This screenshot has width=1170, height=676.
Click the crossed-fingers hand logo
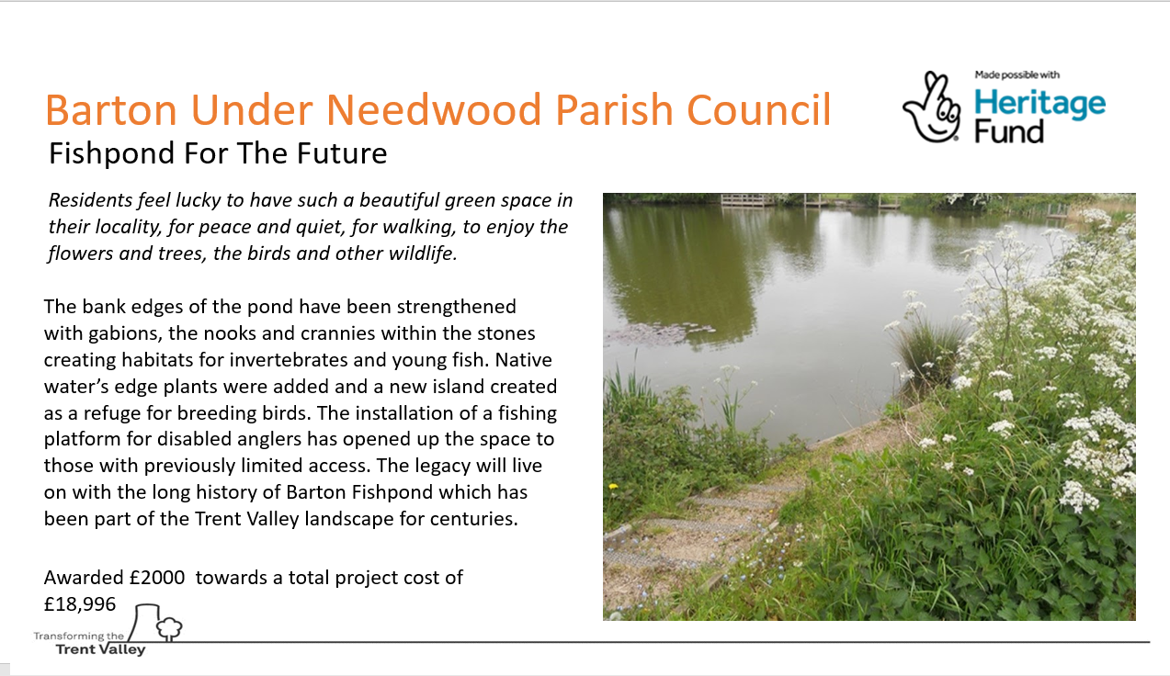pos(931,107)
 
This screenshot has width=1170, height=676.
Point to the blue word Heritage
pos(1039,105)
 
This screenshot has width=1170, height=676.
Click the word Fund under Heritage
pos(1008,131)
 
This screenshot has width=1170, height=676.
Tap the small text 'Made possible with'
pos(1017,75)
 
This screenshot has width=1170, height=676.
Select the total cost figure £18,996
pos(80,604)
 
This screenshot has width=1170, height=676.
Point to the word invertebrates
pos(289,360)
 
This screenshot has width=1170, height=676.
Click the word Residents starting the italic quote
pos(90,200)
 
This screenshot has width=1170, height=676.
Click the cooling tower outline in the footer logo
pos(144,622)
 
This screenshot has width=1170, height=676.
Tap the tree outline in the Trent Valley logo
pos(169,629)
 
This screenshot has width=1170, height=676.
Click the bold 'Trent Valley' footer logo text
pos(100,650)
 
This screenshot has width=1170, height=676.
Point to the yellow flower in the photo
pos(613,487)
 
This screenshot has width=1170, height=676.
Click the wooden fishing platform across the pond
pos(748,200)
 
